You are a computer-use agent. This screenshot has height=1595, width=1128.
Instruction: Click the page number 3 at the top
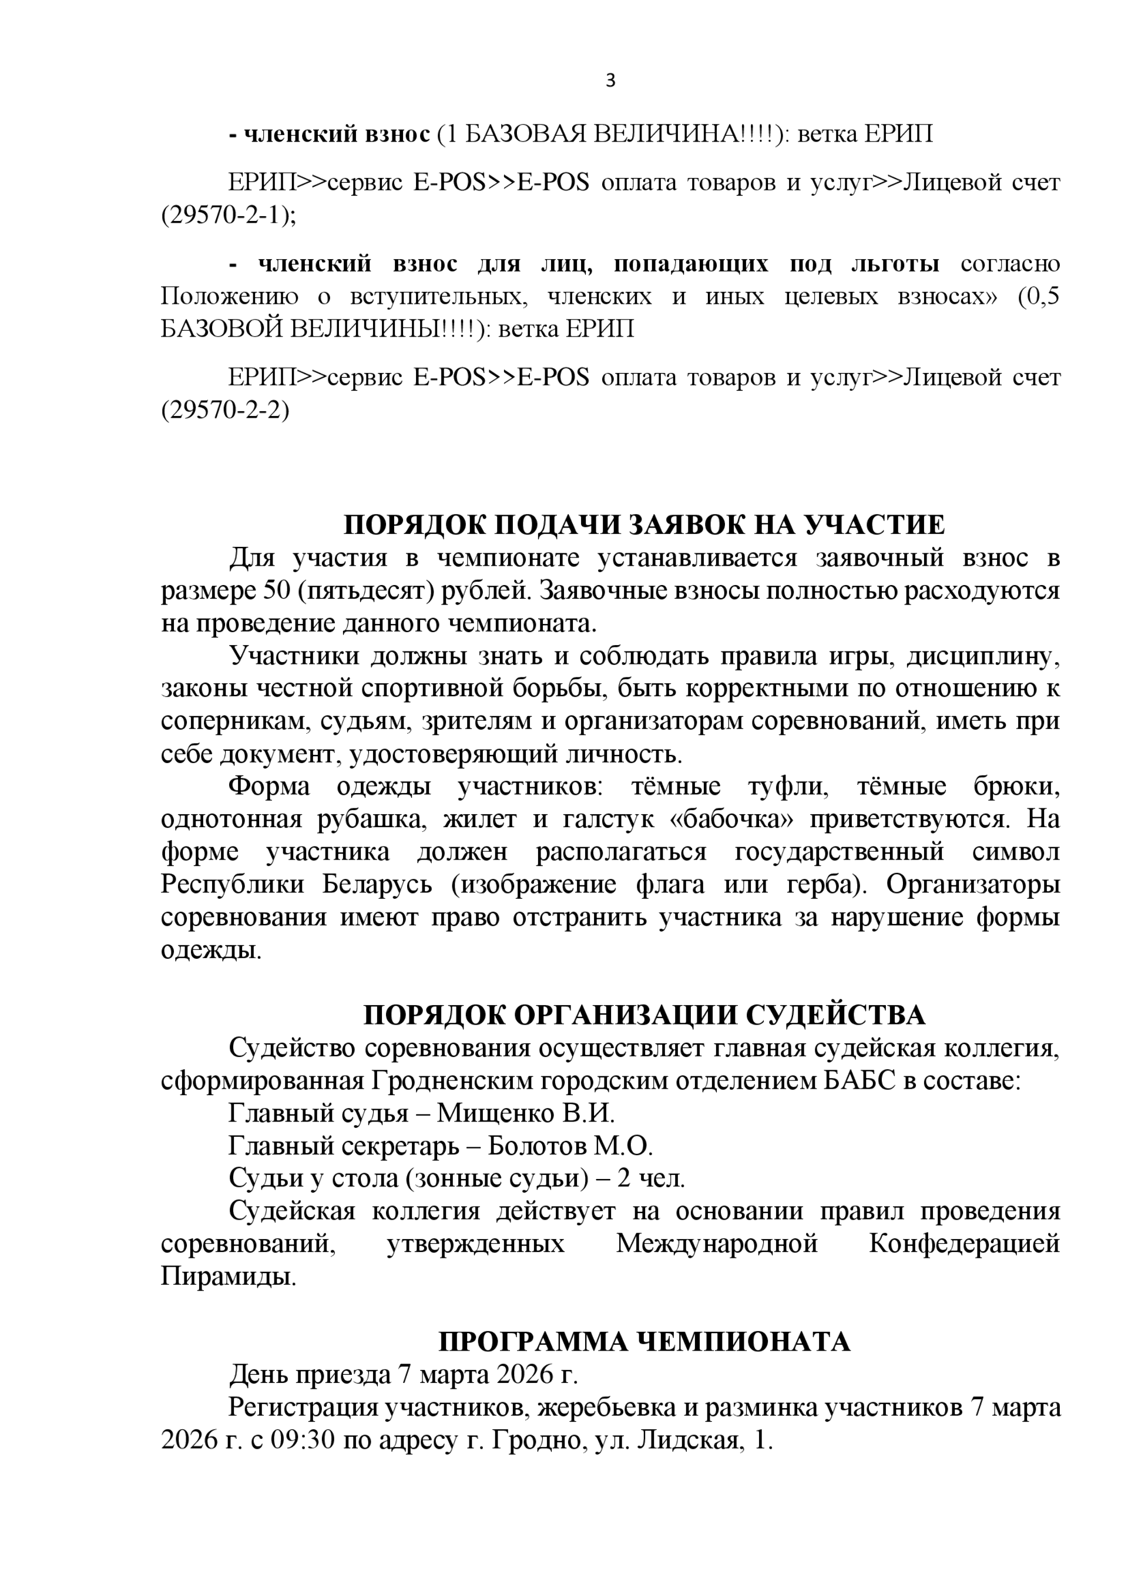tap(610, 81)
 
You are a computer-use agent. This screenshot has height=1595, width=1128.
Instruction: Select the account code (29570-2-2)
tap(225, 411)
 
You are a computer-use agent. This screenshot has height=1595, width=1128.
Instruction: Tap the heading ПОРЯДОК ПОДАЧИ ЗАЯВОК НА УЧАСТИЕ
tap(644, 525)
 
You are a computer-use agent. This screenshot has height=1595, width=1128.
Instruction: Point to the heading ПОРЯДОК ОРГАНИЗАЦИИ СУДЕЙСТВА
tap(644, 1016)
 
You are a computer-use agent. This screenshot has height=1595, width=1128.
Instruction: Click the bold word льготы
tap(895, 264)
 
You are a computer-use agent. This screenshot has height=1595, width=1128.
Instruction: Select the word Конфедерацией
tap(964, 1244)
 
